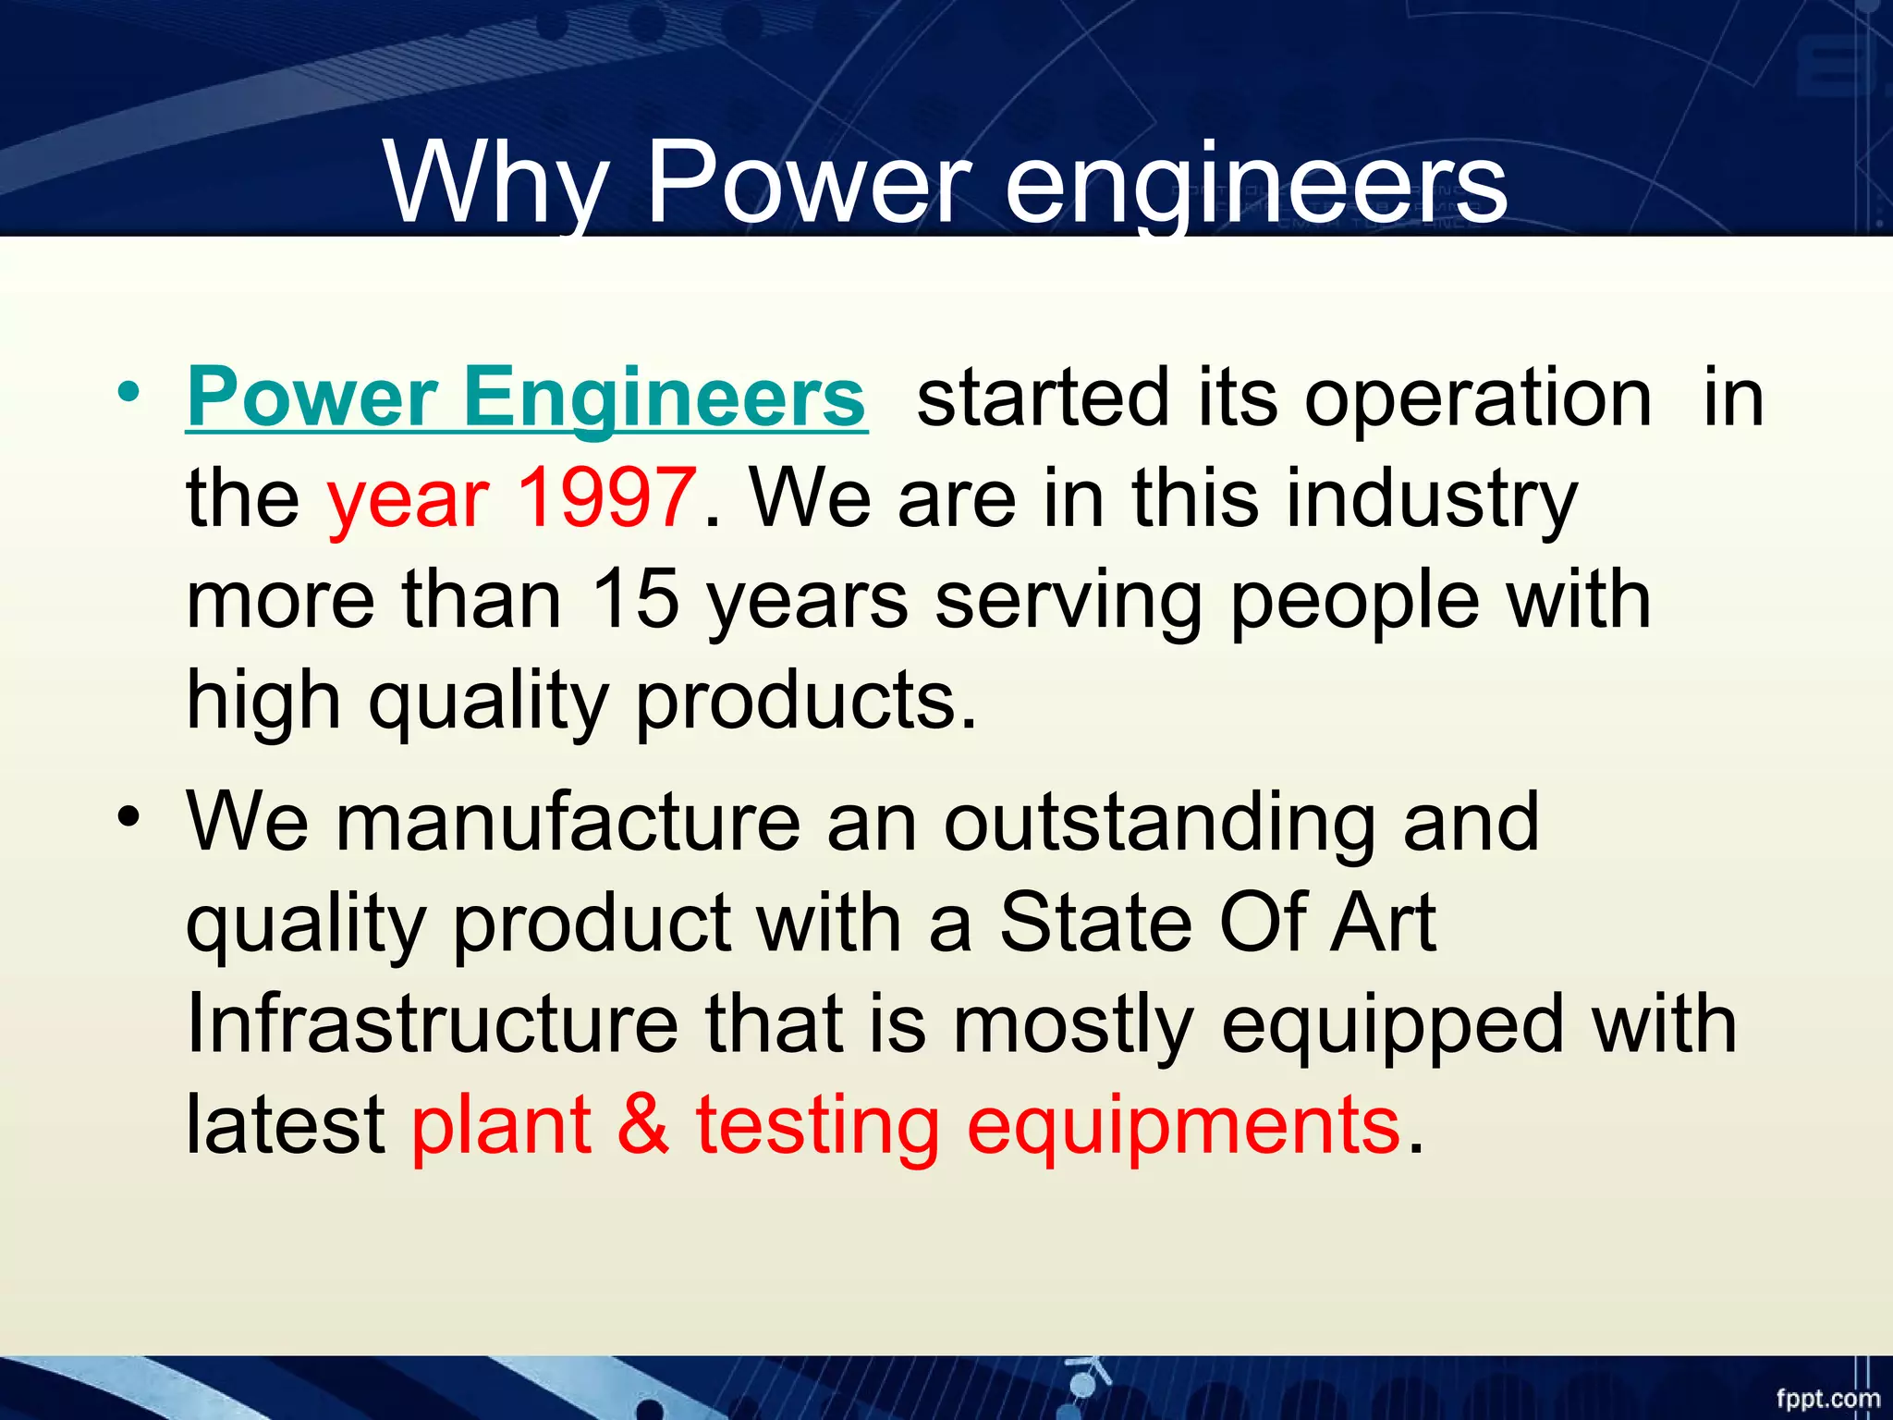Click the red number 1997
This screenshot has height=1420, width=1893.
605,497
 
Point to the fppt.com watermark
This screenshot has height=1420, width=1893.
1827,1398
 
